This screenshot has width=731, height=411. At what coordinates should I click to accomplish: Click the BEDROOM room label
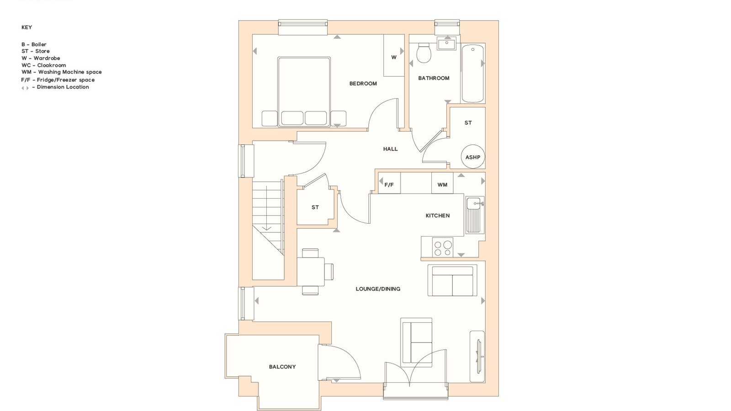(363, 84)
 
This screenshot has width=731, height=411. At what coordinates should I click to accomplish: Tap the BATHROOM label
(434, 78)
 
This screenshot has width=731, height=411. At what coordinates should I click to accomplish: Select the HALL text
(390, 149)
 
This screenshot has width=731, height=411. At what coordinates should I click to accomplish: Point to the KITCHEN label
(438, 216)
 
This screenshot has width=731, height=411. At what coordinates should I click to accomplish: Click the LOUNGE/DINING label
(378, 289)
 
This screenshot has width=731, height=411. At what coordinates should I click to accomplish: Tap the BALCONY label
(282, 367)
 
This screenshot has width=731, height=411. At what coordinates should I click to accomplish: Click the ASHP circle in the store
(473, 157)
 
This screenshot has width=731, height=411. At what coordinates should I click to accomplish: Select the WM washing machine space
(442, 183)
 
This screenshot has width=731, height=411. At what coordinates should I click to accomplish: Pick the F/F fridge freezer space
(389, 183)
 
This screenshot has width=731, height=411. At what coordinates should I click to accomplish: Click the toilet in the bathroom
(424, 53)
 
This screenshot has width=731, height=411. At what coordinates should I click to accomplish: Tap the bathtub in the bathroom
(472, 74)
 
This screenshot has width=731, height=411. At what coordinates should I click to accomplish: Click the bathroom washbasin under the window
(447, 44)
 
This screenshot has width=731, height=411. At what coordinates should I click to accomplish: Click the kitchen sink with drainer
(475, 215)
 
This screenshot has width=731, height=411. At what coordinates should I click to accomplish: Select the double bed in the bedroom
(304, 92)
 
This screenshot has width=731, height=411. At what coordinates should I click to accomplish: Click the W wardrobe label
(394, 58)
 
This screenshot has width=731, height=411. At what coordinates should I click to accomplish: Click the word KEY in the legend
(27, 27)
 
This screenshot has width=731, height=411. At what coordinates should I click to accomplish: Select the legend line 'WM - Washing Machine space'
(62, 72)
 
